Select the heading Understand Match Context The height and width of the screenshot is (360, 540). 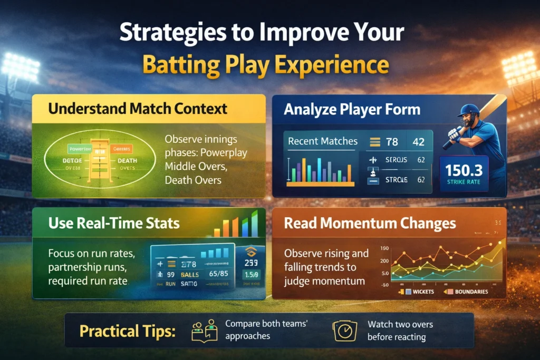(138, 109)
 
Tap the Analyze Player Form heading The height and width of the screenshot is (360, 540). (352, 110)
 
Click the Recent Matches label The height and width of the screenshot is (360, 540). (323, 141)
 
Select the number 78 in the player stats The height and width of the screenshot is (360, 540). (391, 141)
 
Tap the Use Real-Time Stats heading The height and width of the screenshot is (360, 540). (114, 223)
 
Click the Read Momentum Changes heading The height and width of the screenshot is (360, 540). (370, 223)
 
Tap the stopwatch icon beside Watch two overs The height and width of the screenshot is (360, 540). (343, 331)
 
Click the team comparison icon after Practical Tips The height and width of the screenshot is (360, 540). (205, 330)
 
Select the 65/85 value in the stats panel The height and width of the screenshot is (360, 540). (219, 274)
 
